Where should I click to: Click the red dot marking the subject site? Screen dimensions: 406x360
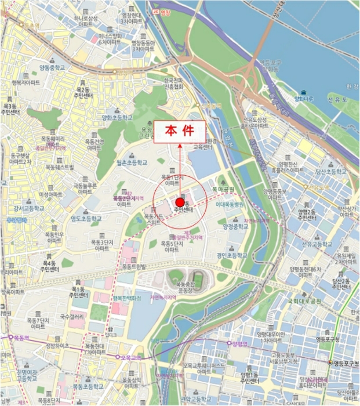click(180, 202)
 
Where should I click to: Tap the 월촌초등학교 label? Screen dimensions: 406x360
click(132, 163)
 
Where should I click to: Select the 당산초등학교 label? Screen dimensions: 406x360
click(330, 172)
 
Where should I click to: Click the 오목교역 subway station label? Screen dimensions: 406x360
click(129, 357)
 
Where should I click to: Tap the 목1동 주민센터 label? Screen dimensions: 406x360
click(79, 292)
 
